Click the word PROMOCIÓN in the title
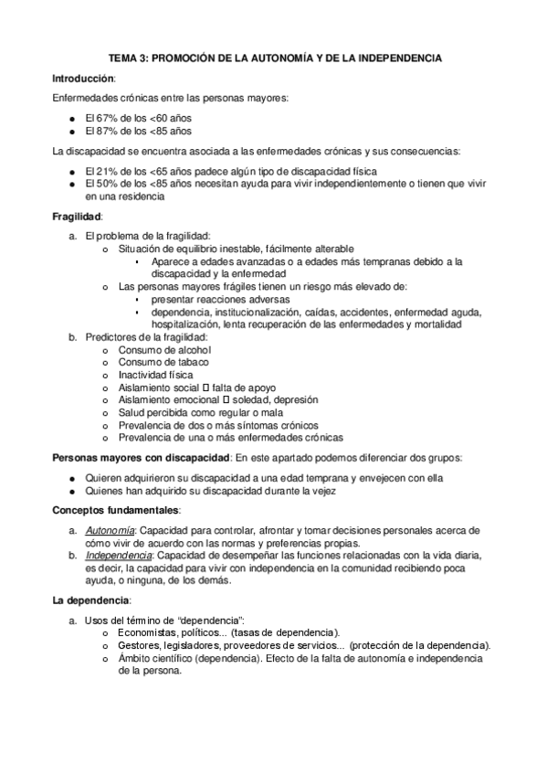coord(188,58)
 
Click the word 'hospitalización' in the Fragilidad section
coord(186,324)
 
